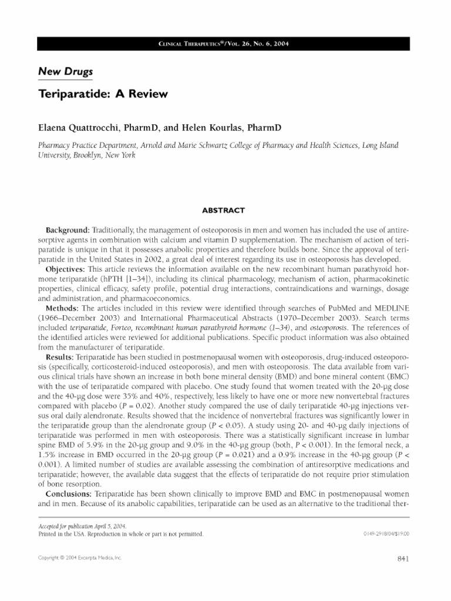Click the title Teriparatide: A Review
click(103, 93)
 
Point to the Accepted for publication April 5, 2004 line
click(82, 526)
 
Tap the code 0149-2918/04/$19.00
click(386, 534)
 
